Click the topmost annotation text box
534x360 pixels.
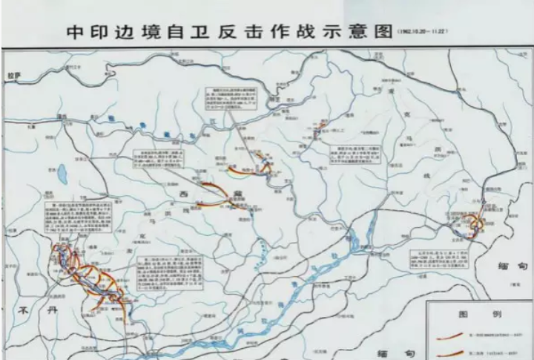(229, 104)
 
